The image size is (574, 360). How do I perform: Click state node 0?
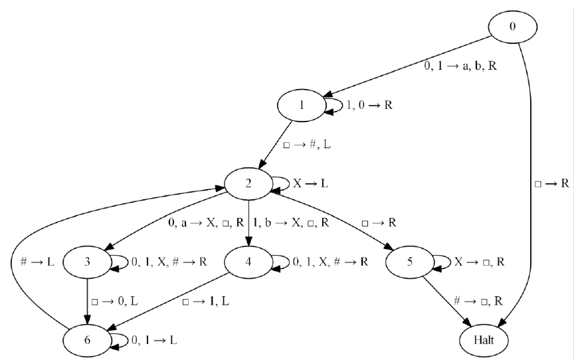point(513,26)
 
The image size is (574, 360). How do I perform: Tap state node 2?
point(248,183)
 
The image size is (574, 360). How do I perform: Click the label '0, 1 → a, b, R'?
point(460,67)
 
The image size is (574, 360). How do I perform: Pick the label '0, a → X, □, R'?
point(207,223)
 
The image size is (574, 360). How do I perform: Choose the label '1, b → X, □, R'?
point(291,223)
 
